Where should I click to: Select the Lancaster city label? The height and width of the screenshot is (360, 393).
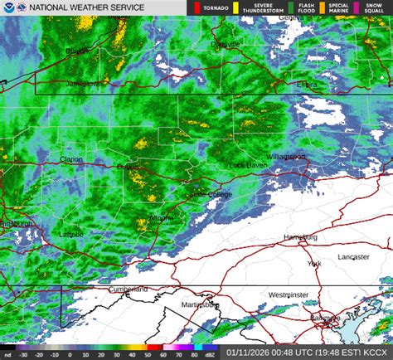[x=353, y=257]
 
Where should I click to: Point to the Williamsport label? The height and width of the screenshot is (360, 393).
[x=286, y=157]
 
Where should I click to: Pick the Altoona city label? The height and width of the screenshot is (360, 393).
[x=162, y=217]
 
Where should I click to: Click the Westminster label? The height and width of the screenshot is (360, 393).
[x=289, y=294]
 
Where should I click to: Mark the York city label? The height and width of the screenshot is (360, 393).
[x=314, y=264]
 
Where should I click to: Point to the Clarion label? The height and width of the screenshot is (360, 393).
[x=71, y=159]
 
